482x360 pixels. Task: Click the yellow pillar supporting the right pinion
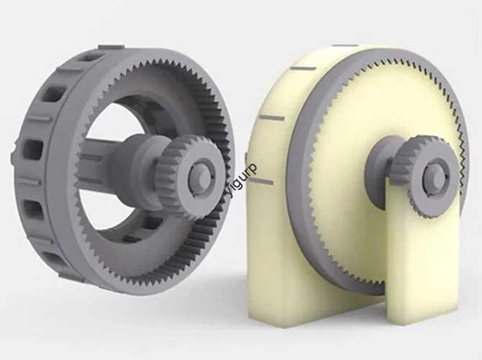point(421,266)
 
